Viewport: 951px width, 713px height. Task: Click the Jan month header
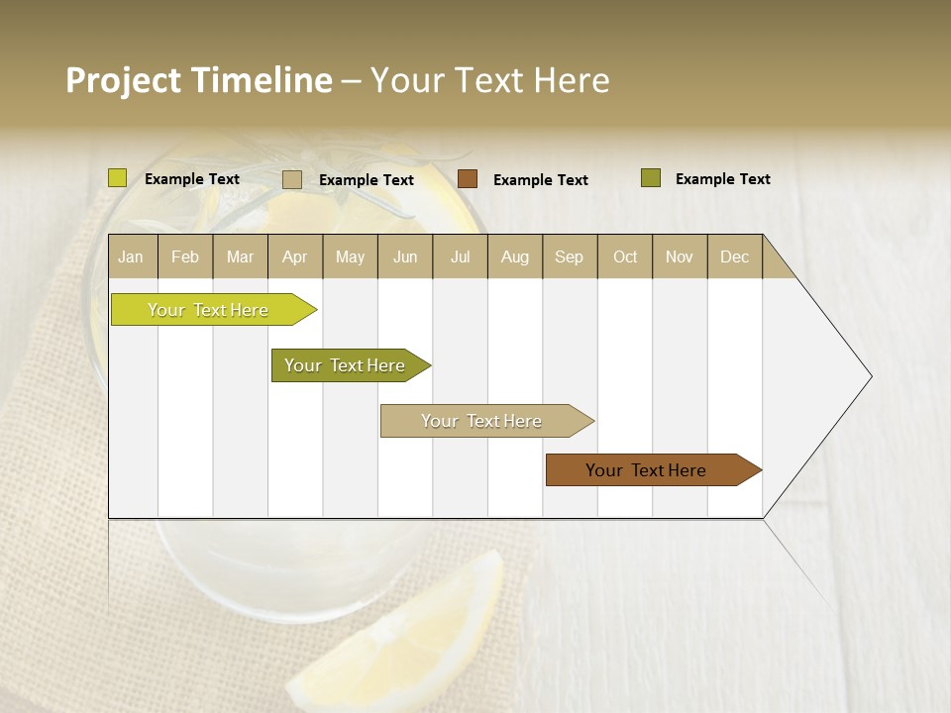tap(131, 256)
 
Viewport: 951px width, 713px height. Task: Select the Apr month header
tap(294, 256)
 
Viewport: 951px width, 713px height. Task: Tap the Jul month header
tap(460, 256)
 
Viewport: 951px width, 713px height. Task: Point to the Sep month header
tap(569, 256)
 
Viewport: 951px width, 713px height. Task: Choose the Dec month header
tap(734, 256)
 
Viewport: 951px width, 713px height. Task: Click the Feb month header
tap(185, 256)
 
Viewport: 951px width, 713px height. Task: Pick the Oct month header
tap(625, 256)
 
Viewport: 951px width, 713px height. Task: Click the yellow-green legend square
tap(118, 178)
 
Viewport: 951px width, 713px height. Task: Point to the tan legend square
tap(292, 179)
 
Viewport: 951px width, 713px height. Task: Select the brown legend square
tap(468, 179)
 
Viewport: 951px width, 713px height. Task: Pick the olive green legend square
tap(651, 178)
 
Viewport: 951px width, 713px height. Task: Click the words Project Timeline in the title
tap(198, 80)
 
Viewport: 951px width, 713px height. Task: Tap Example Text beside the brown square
tap(540, 180)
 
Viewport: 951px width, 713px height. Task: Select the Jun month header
tap(405, 256)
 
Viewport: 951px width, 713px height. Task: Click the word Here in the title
tap(572, 80)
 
